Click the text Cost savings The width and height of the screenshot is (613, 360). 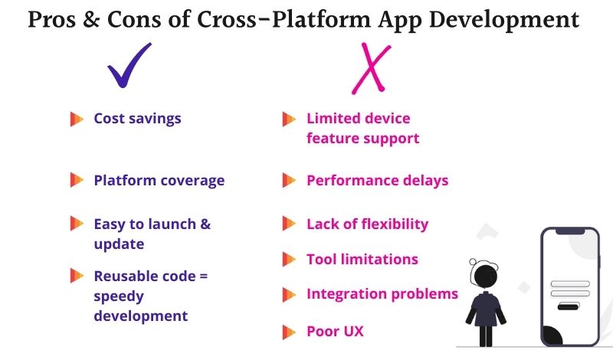(x=137, y=119)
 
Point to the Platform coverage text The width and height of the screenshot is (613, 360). (x=159, y=181)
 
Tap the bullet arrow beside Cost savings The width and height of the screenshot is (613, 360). (x=77, y=119)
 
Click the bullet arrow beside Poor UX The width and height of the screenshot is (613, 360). (x=289, y=332)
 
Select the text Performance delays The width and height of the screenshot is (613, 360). (x=377, y=181)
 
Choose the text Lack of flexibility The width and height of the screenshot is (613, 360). (x=367, y=224)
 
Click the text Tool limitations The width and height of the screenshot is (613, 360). (x=362, y=259)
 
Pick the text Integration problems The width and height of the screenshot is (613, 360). (x=382, y=293)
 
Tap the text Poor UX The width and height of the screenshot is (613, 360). (x=335, y=332)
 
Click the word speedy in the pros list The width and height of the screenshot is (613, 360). (x=119, y=296)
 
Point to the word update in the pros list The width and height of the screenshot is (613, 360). (x=119, y=244)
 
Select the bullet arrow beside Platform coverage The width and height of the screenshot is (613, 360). (x=77, y=181)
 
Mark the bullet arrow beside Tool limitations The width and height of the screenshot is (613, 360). (x=289, y=259)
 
